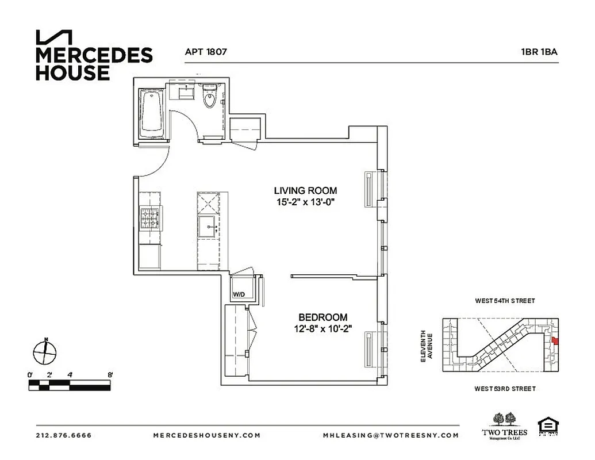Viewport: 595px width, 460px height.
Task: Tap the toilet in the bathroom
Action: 210,97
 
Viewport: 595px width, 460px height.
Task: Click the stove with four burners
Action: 151,219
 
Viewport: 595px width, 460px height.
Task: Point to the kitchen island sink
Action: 207,227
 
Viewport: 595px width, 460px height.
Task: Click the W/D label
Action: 239,294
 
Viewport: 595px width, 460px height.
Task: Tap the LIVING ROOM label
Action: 305,191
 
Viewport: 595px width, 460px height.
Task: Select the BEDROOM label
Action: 323,317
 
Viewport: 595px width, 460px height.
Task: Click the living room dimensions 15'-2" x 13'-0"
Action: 305,202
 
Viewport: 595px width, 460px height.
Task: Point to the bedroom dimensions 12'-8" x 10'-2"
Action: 323,328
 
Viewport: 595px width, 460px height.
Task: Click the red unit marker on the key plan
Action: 555,341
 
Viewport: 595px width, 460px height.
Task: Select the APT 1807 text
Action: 206,51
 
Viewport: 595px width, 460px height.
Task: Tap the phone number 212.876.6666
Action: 63,435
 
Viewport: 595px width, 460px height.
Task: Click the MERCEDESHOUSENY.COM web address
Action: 206,435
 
